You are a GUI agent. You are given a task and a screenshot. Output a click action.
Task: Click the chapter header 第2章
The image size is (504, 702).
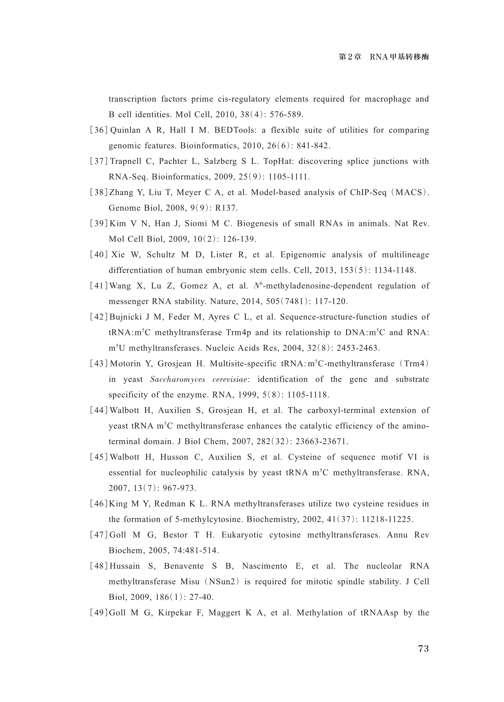350,57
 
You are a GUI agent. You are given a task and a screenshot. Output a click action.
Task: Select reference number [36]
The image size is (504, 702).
99,130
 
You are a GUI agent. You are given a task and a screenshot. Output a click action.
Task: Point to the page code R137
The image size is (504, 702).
226,208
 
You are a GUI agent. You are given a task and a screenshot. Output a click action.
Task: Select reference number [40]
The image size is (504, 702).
99,255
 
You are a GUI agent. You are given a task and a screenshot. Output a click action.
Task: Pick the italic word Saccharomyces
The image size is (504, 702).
177,379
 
